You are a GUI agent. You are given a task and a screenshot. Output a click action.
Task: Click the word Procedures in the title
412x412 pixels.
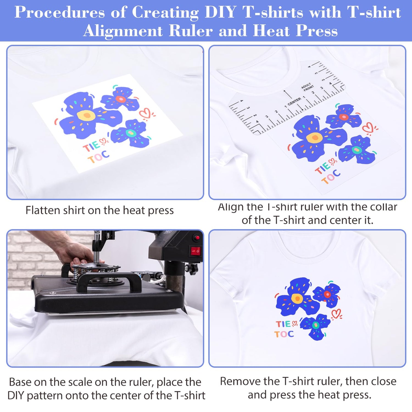(x=60, y=13)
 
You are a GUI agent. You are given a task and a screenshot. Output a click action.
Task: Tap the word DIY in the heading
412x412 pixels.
(x=220, y=13)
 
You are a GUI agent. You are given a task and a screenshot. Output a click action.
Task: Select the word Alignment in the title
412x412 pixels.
(x=123, y=31)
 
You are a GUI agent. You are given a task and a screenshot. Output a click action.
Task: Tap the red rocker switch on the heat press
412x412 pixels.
(x=195, y=251)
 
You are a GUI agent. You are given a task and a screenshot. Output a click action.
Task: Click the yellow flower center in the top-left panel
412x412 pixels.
(x=86, y=115)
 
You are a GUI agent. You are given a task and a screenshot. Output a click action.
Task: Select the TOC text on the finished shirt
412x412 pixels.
(x=284, y=334)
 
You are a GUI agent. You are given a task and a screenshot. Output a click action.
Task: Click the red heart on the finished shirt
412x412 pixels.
(x=336, y=314)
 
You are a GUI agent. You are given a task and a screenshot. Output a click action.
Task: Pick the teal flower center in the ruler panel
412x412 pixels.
(x=357, y=150)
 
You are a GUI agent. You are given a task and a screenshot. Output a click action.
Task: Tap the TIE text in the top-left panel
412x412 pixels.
(x=91, y=146)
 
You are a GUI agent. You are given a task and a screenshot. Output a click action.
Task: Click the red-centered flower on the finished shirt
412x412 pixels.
(x=327, y=294)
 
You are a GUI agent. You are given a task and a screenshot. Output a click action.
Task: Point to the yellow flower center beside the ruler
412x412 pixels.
(x=314, y=137)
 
